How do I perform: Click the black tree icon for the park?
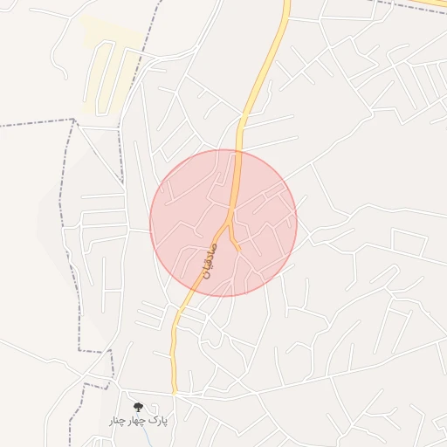pos(137,406)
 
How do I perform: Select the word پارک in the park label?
pos(158,421)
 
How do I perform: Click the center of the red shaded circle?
pos(223,223)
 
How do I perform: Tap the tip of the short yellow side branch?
pos(238,250)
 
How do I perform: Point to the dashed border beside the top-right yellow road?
pos(410,7)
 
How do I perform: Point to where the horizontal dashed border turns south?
pos(75,120)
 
